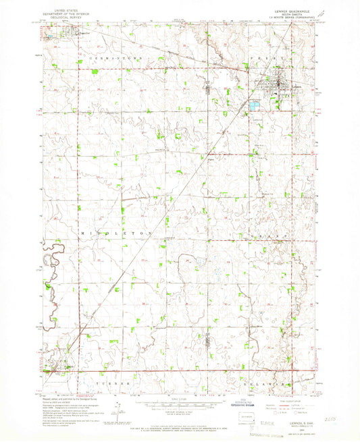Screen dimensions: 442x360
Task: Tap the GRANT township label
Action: click(x=269, y=231)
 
